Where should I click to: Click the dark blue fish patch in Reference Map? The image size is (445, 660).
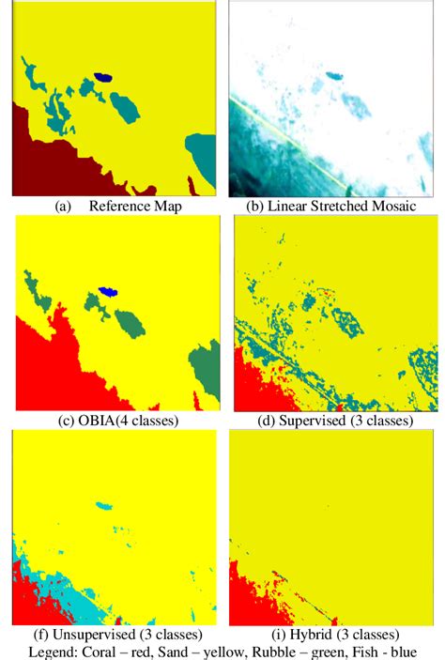[103, 78]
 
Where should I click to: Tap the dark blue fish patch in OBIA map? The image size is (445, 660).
[109, 293]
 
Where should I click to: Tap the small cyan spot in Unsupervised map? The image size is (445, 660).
[104, 506]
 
